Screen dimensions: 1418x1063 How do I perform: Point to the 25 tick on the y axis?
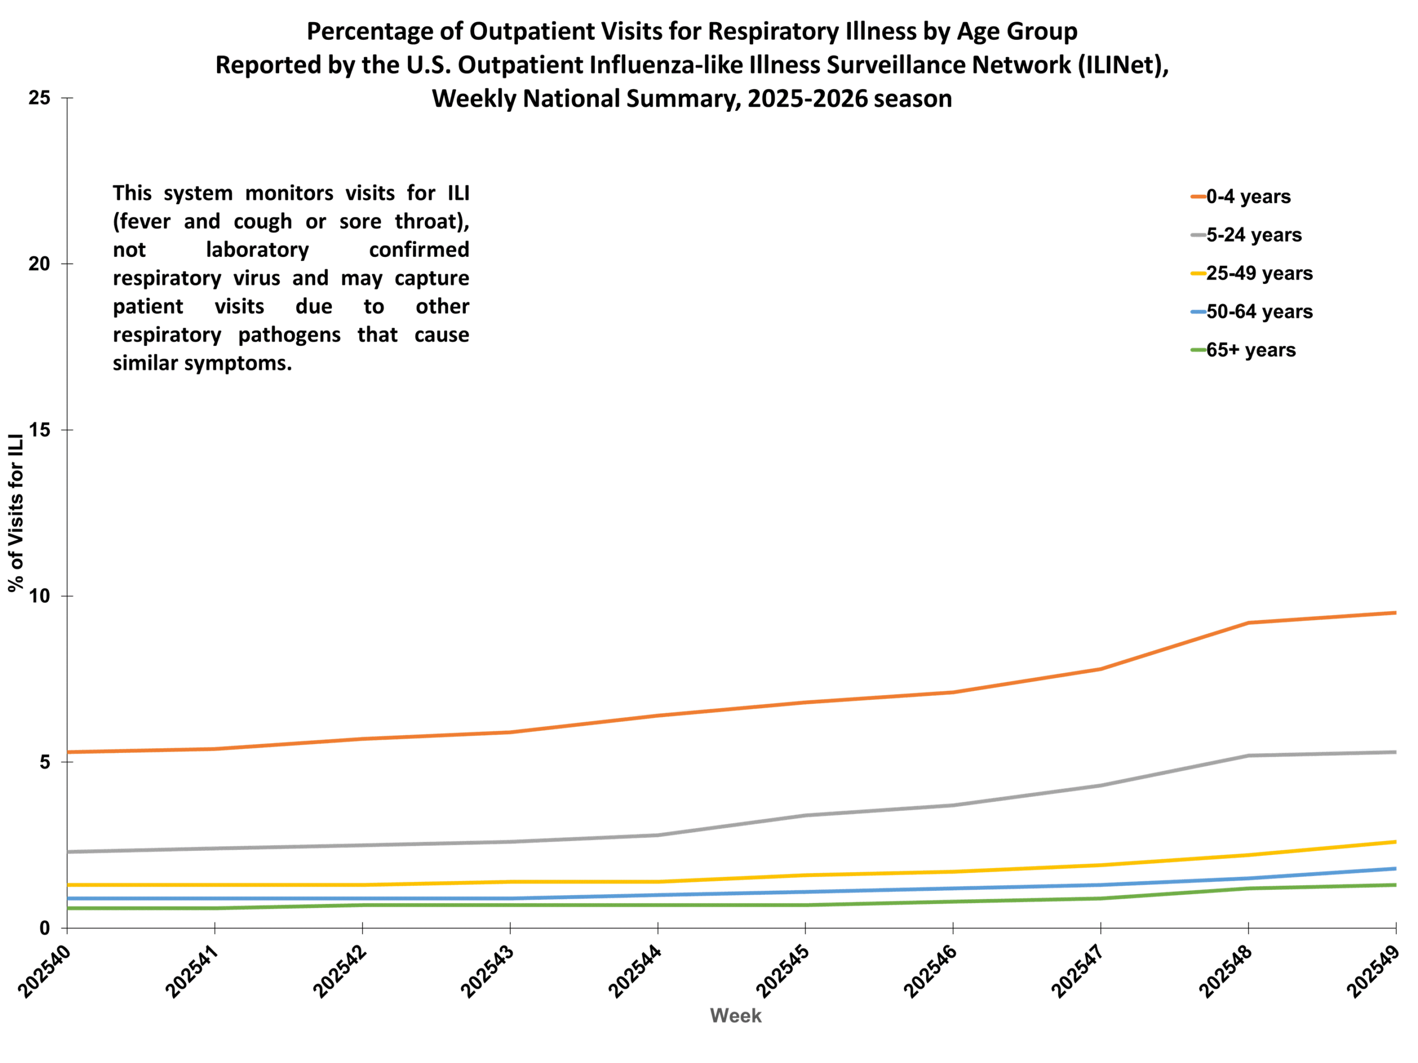pyautogui.click(x=39, y=98)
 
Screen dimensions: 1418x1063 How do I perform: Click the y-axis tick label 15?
pyautogui.click(x=39, y=430)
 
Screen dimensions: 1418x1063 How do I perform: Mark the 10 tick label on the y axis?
pyautogui.click(x=39, y=596)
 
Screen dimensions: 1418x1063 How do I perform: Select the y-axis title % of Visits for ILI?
pyautogui.click(x=16, y=513)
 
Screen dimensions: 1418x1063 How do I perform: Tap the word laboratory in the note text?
pyautogui.click(x=257, y=249)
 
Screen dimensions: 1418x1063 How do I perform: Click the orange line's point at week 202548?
pyautogui.click(x=1248, y=623)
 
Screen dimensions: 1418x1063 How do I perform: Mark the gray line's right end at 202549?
pyautogui.click(x=1395, y=752)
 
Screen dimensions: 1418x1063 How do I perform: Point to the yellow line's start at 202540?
pyautogui.click(x=68, y=885)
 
